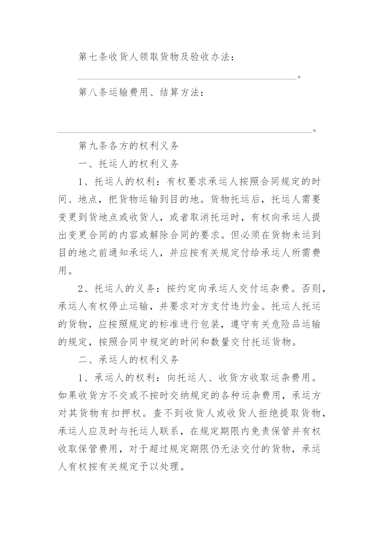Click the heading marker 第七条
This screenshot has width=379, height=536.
point(93,57)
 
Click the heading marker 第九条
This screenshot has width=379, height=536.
point(93,146)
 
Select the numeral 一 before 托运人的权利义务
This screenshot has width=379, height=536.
point(83,164)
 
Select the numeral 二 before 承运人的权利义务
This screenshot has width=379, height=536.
point(83,360)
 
